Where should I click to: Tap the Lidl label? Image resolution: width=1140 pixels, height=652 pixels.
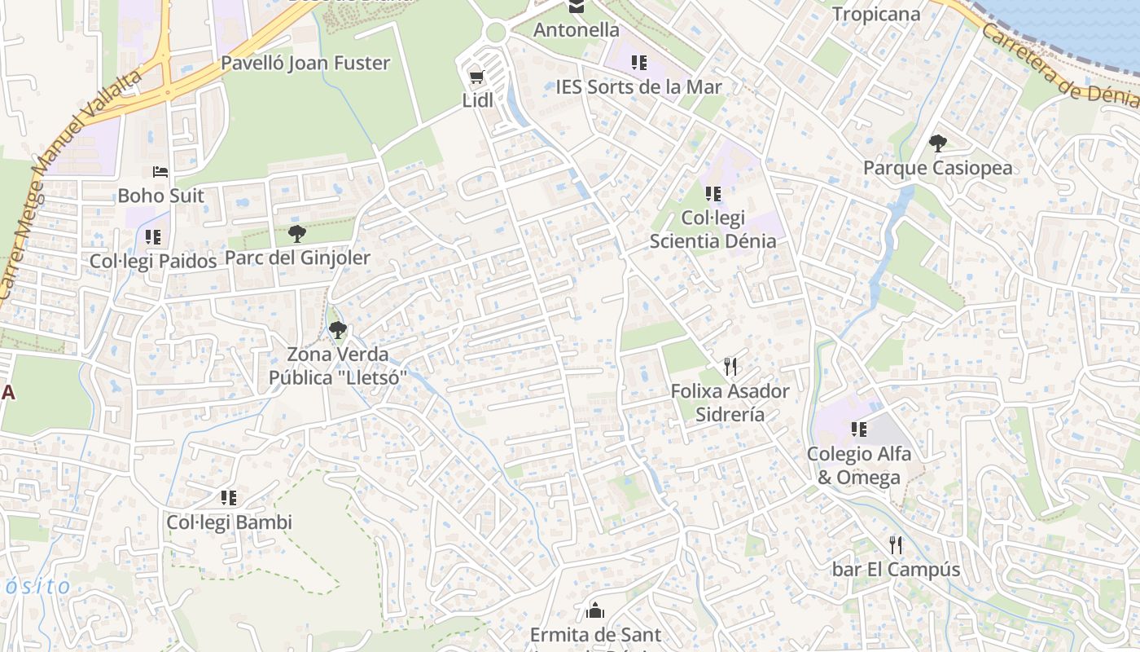pos(478,101)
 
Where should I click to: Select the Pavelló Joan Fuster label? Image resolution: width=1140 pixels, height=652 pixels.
pos(305,63)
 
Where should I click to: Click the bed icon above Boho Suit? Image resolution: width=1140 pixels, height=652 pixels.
pos(160,172)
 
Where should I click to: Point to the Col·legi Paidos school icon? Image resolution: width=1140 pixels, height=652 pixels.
pos(153,237)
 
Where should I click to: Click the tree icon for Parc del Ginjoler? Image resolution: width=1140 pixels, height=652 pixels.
pos(297,234)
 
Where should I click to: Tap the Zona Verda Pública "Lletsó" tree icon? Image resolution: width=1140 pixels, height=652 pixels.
pos(337,330)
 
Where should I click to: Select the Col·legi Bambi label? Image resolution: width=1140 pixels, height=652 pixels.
pos(229,522)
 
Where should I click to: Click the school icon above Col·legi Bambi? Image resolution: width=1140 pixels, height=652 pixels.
pos(229,497)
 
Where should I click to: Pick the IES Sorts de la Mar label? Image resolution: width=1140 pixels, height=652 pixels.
pos(638,86)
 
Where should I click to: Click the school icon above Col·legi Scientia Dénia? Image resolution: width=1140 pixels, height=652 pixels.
pos(713,194)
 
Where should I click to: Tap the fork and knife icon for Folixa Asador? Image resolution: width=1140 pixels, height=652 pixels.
pos(730,367)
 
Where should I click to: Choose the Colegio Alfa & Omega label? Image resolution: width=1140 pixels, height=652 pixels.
pos(858,465)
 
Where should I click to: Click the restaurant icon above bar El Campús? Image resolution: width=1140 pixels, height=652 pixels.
pos(896,544)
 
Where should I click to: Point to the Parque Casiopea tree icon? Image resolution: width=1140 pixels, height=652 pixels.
pos(938,143)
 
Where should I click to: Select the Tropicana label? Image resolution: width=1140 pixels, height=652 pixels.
pos(875,14)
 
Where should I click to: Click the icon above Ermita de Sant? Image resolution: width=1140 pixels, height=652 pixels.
pos(595,610)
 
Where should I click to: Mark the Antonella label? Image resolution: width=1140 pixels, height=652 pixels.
pos(577,30)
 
